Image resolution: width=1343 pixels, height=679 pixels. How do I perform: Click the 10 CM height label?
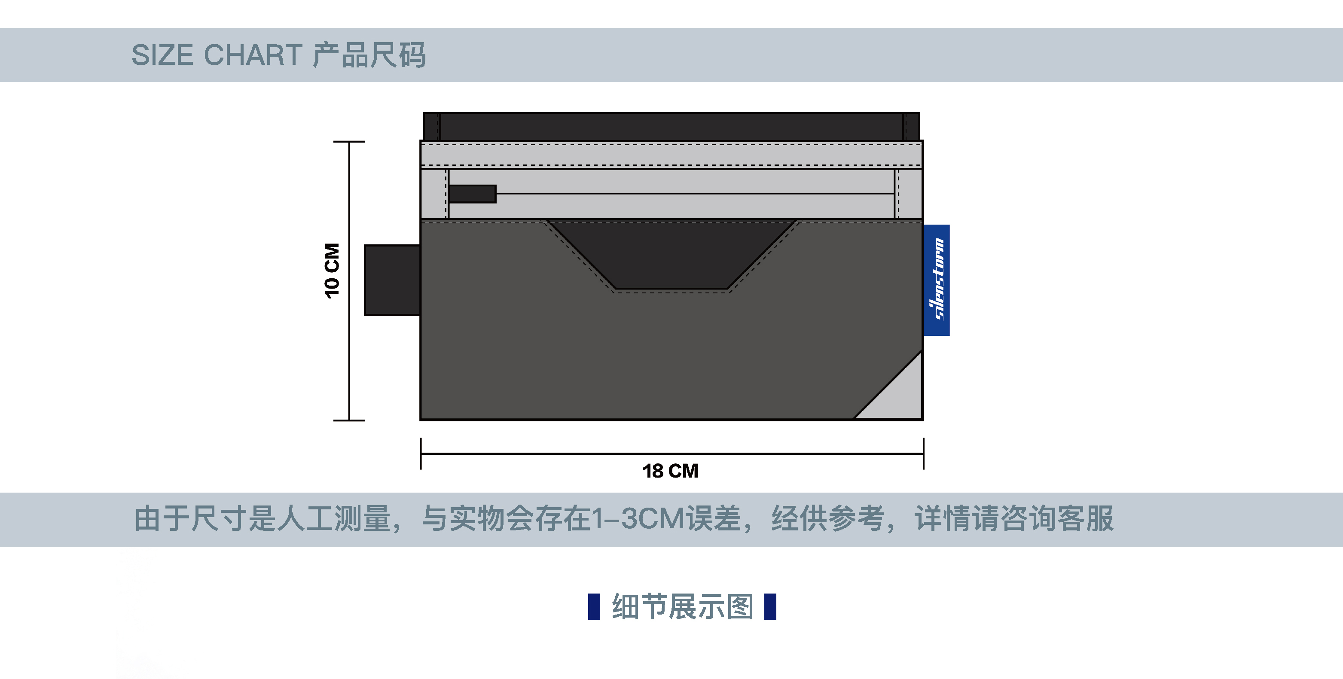tap(332, 271)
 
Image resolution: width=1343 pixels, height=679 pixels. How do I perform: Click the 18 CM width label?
tap(670, 471)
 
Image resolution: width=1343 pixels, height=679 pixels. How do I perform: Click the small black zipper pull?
tap(472, 194)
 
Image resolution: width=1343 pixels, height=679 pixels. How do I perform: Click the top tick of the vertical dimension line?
tap(349, 141)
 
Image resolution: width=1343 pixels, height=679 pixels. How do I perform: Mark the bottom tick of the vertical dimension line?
tap(349, 420)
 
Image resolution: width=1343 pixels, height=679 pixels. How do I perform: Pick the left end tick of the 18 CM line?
tap(421, 454)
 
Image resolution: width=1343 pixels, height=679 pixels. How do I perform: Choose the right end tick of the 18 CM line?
tap(923, 454)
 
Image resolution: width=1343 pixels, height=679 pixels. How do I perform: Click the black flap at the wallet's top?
tap(671, 126)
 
